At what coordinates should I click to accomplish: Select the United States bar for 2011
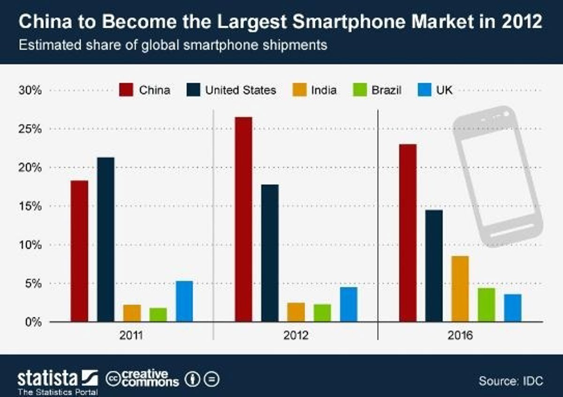(106, 239)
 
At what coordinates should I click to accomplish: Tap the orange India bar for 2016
(460, 289)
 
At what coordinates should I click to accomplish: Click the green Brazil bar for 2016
(487, 305)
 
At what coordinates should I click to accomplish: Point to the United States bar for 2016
(434, 266)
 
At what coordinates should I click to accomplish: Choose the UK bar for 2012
(349, 304)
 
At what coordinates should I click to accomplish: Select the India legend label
(323, 90)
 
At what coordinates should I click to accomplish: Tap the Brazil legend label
(386, 90)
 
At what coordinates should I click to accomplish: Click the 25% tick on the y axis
(31, 129)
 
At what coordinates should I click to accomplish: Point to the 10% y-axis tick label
(31, 245)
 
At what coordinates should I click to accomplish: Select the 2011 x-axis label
(131, 336)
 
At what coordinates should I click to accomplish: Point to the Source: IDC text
(510, 380)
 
